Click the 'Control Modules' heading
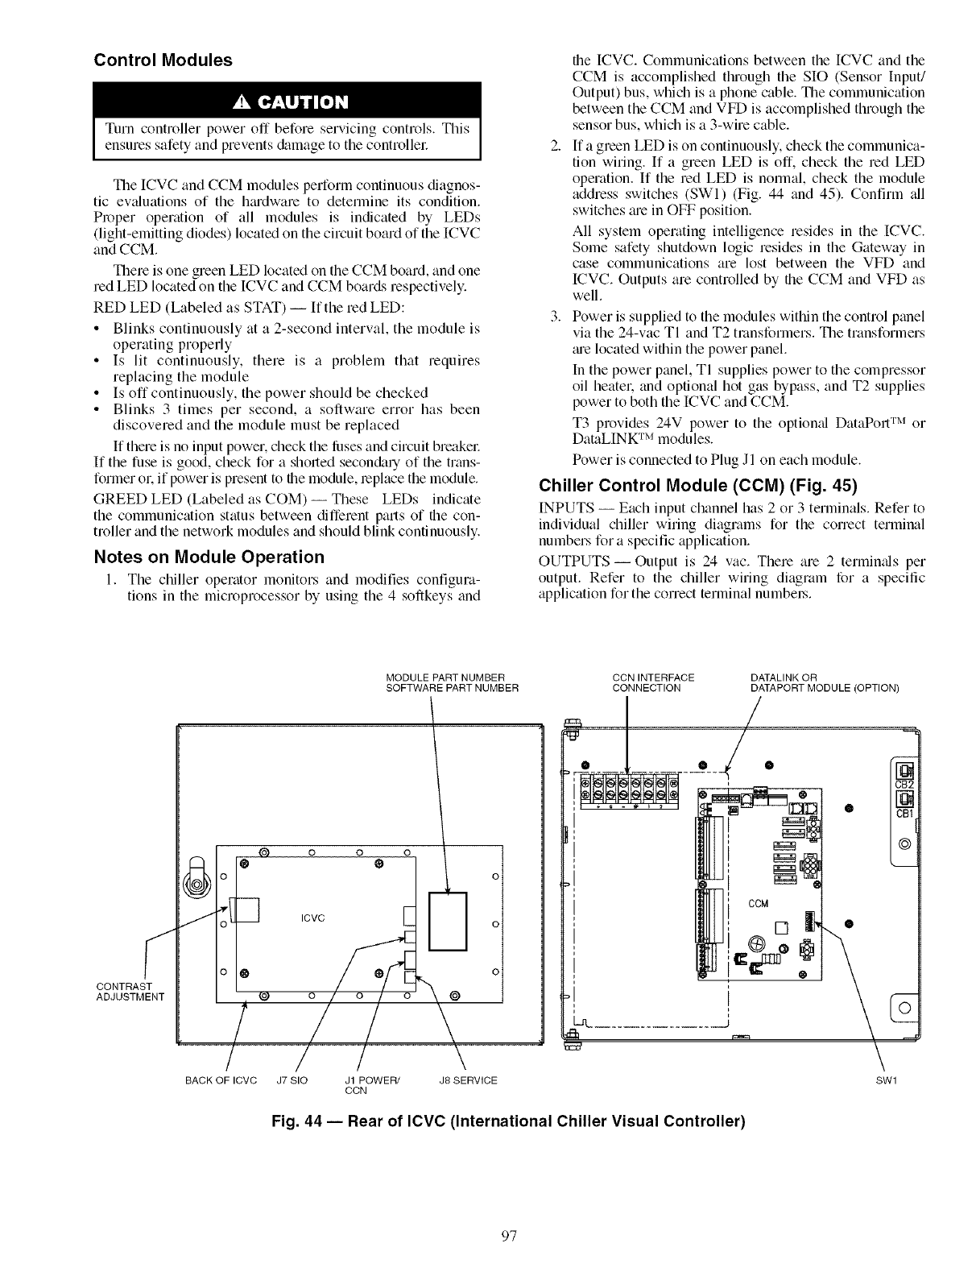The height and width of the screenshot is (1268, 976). pos(163,60)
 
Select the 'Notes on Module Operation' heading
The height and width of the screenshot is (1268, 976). pos(209,557)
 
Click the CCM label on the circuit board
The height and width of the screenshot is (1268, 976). pos(758,903)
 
